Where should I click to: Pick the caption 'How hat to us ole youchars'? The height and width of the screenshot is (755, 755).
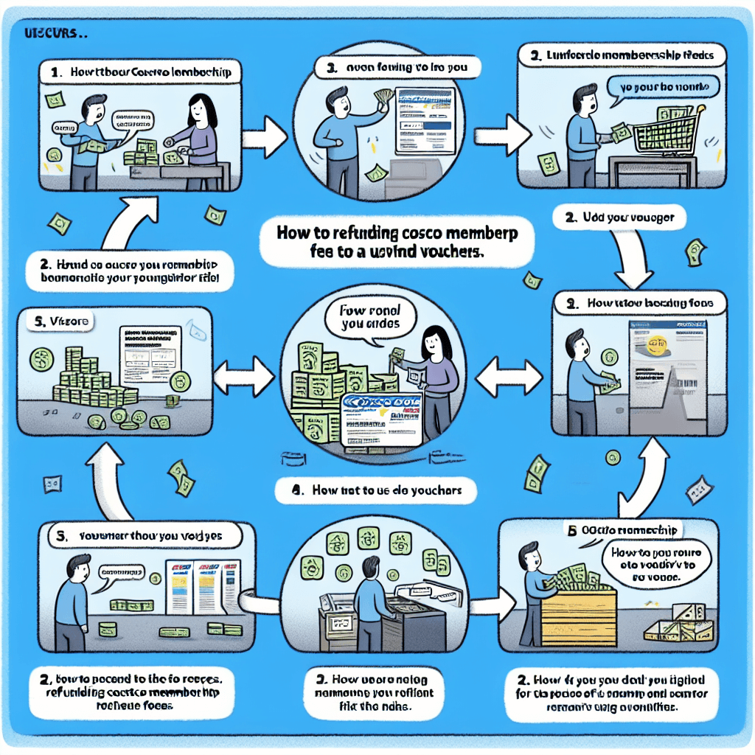(376, 490)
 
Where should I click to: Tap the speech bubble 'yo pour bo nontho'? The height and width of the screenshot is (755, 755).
(661, 87)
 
